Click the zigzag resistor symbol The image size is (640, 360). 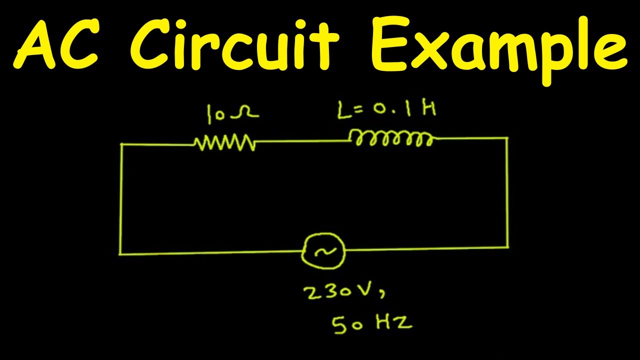pos(225,142)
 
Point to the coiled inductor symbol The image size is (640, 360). pos(391,138)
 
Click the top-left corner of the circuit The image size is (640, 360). pos(121,144)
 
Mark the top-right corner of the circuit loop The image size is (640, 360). pos(507,138)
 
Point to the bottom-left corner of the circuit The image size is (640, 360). pos(120,254)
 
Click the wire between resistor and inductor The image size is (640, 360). pos(302,141)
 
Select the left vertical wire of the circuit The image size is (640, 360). pos(121,199)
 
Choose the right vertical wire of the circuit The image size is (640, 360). pos(508,193)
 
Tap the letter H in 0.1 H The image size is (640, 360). pos(429,108)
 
